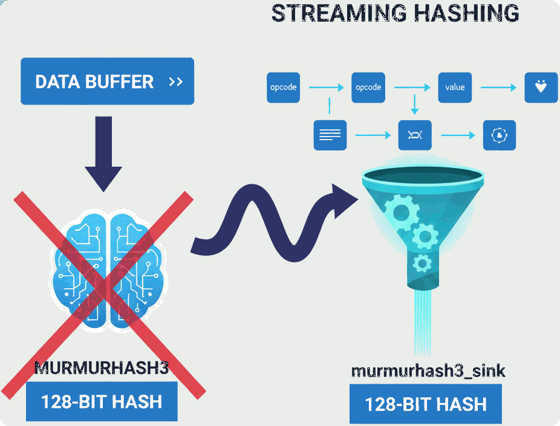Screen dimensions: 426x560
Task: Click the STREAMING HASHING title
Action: tap(395, 13)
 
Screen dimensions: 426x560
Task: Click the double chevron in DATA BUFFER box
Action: tap(176, 82)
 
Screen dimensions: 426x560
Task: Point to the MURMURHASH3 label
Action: tap(101, 368)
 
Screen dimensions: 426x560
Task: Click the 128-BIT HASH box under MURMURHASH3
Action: tap(102, 401)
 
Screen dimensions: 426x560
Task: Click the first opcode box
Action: tap(283, 87)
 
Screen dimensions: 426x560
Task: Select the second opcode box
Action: tap(368, 87)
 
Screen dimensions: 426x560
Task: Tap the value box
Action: tap(455, 87)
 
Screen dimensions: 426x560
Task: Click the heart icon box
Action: tap(541, 87)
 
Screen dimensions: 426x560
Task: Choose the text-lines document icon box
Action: tap(330, 135)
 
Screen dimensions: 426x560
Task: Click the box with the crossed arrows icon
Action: tap(415, 135)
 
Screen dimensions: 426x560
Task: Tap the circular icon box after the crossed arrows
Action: tap(500, 135)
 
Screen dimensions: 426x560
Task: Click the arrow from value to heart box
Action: tap(498, 88)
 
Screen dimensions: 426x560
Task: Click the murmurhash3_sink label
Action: tap(428, 370)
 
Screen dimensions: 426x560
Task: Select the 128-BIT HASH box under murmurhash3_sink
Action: tap(426, 404)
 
